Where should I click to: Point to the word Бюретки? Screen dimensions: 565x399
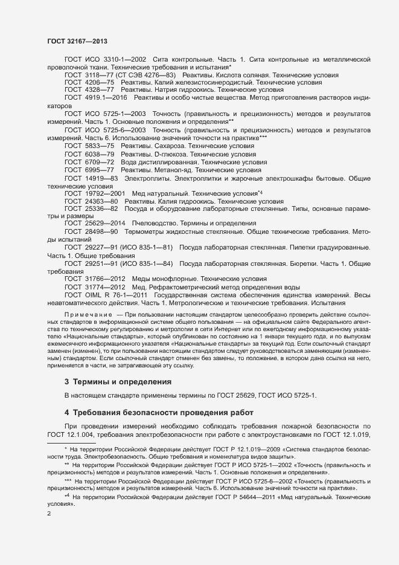point(299,264)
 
